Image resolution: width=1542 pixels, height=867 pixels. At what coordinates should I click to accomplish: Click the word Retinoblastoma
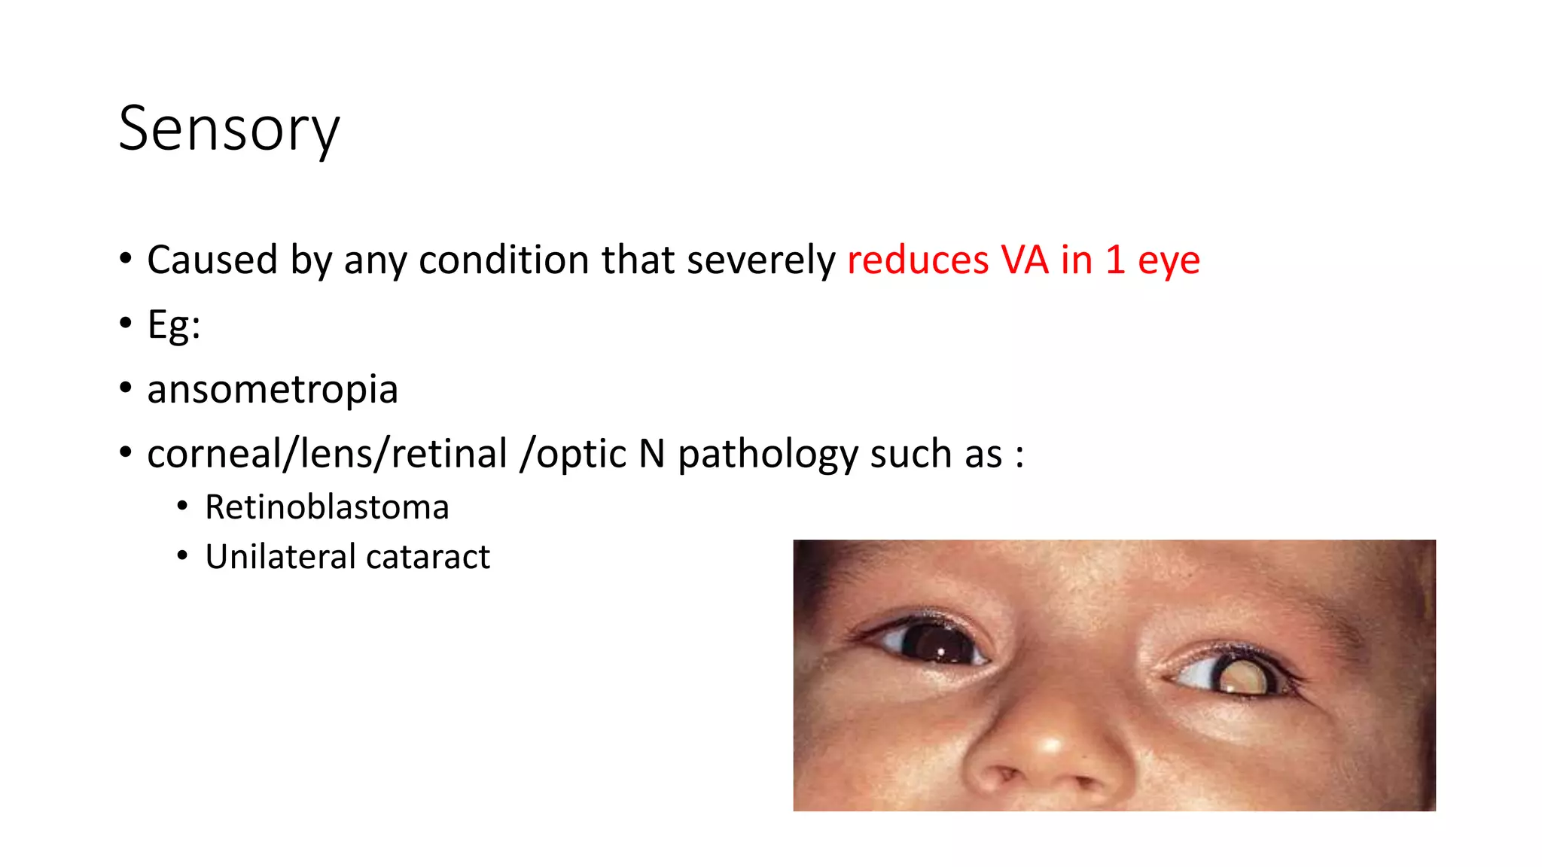[327, 507]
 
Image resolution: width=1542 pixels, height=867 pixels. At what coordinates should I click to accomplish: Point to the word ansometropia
[273, 390]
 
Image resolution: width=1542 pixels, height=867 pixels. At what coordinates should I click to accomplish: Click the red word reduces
[917, 260]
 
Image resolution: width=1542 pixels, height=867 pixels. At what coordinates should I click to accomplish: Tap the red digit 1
[1115, 260]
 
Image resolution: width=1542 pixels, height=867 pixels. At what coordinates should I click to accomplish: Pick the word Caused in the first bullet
[212, 260]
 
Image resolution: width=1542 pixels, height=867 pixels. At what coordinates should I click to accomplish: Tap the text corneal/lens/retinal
[328, 455]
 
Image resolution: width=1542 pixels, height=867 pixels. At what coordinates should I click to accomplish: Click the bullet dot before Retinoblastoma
[182, 507]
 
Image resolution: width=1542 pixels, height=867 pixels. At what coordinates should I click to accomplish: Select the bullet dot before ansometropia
[126, 388]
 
